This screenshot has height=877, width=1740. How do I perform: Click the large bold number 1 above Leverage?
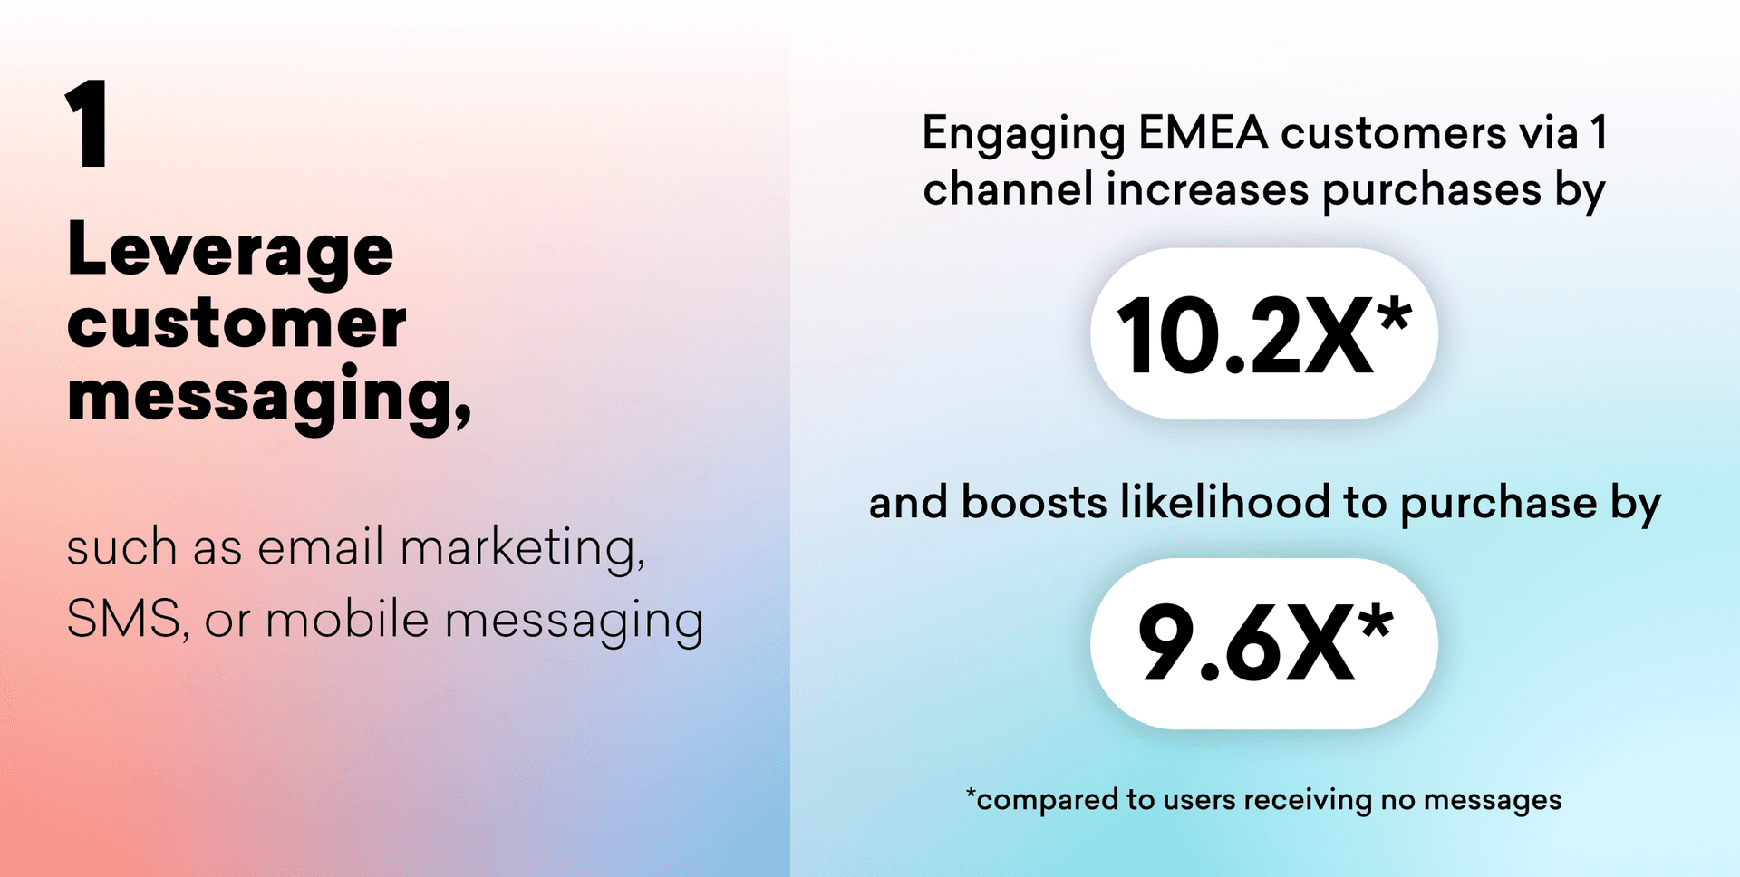[87, 123]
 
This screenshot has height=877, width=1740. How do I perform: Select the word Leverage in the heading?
[230, 250]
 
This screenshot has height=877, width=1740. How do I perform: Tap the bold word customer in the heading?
[237, 323]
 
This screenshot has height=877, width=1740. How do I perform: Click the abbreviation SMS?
[122, 621]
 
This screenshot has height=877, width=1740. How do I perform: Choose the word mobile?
[347, 620]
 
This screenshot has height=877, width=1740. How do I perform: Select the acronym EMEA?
[1203, 132]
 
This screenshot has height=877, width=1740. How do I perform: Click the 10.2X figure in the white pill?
[1244, 336]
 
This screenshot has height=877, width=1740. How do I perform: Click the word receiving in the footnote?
[1308, 801]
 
